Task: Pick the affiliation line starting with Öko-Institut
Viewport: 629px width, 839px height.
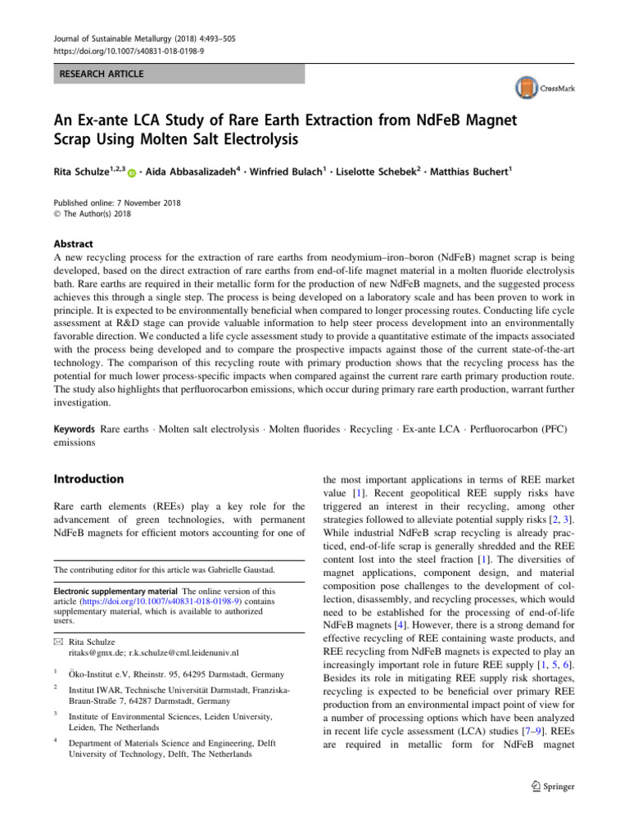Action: pyautogui.click(x=177, y=674)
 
